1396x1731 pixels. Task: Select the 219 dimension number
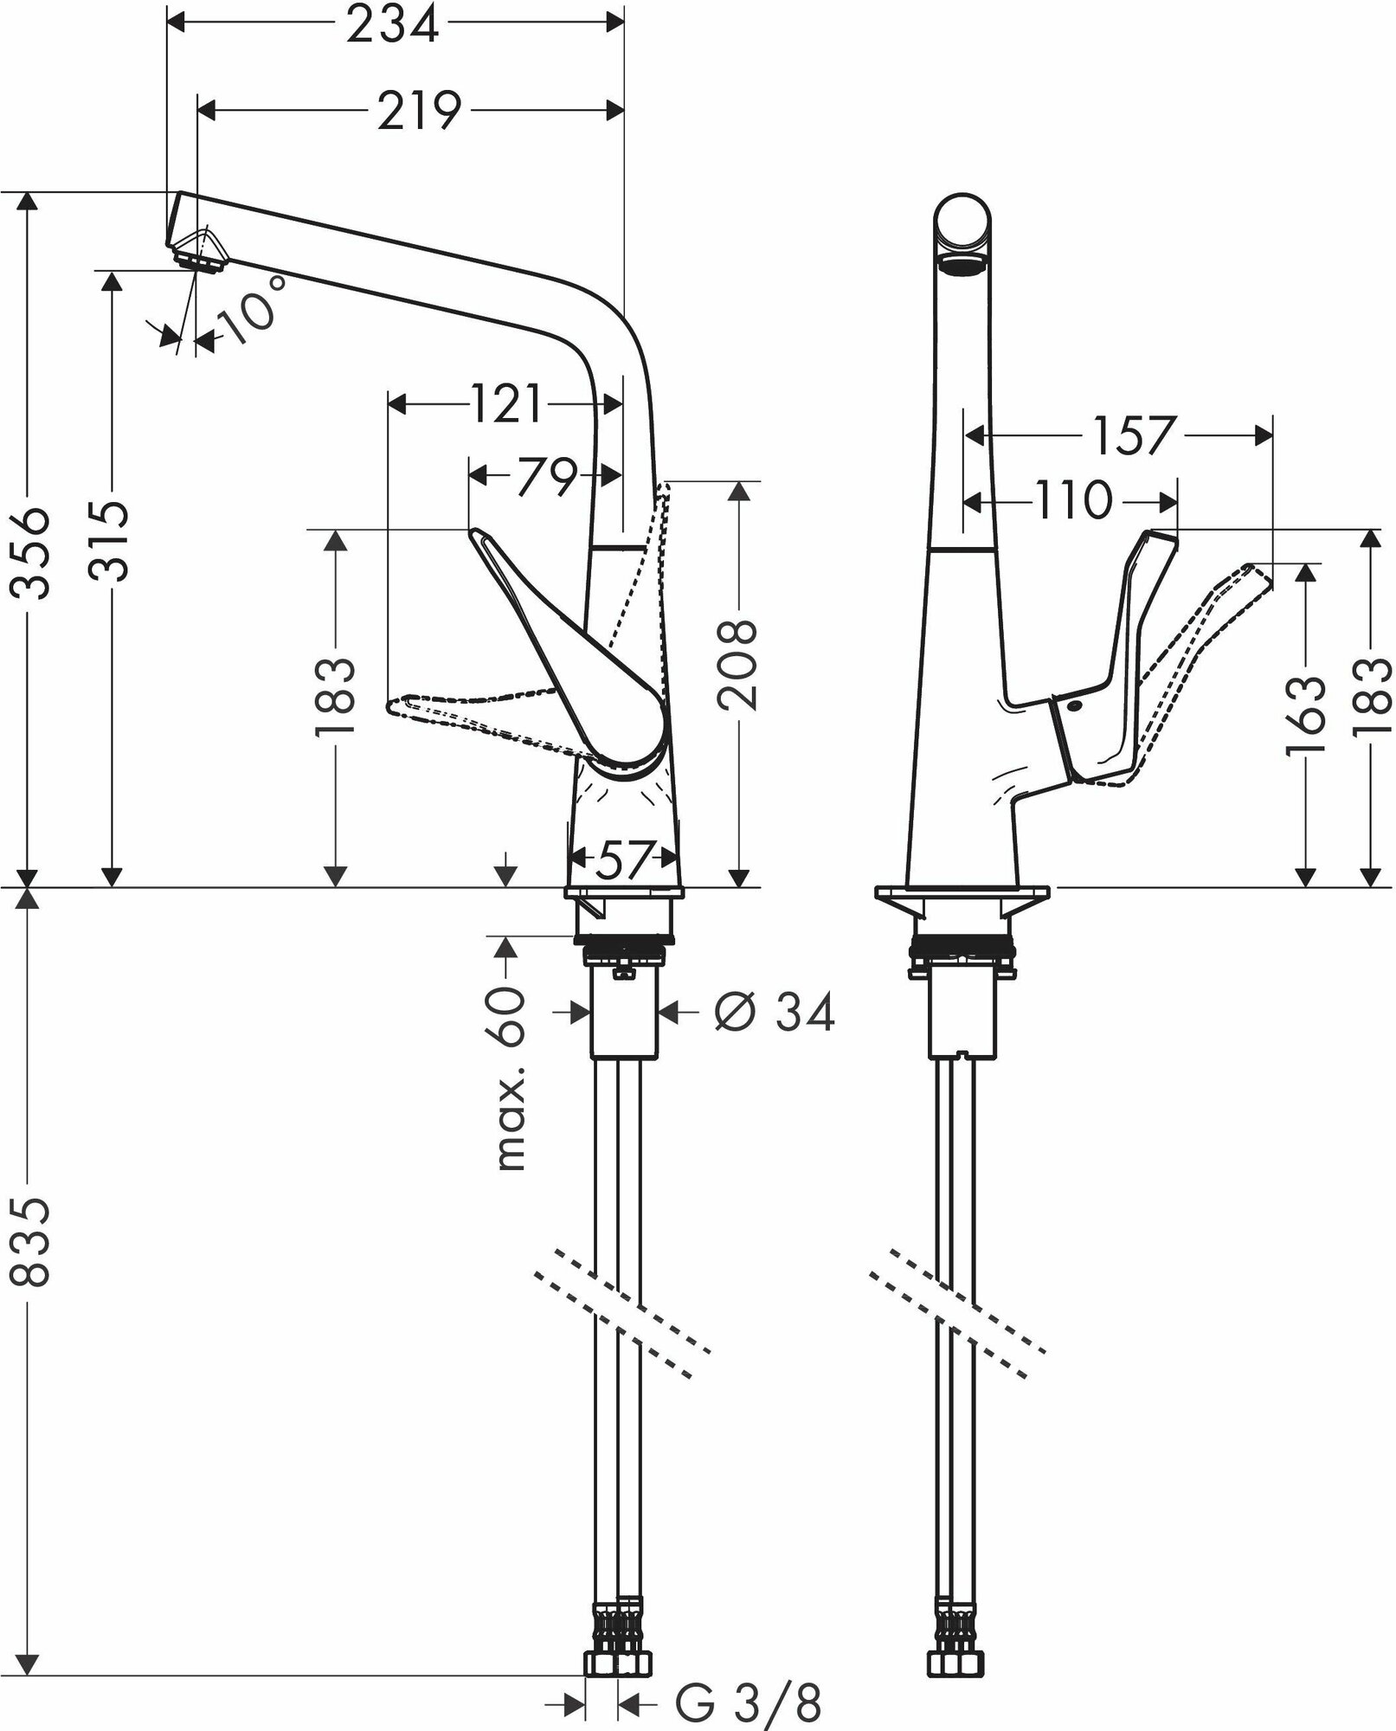point(419,111)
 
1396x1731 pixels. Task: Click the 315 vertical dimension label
point(112,540)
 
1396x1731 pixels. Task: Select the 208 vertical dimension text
point(738,664)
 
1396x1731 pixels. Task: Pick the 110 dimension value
point(1072,500)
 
